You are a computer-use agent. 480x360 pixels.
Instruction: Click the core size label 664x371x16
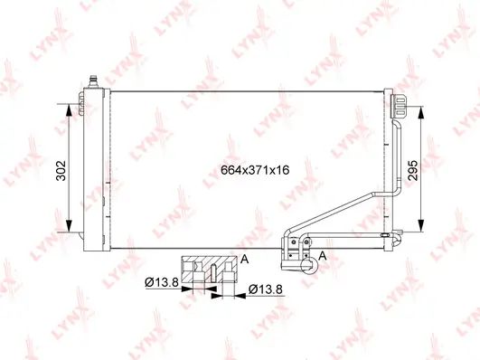coord(255,170)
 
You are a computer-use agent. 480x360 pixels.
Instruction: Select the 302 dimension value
coord(61,170)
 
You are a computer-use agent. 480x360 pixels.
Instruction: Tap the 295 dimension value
coord(413,170)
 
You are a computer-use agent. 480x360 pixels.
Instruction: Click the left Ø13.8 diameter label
coord(161,282)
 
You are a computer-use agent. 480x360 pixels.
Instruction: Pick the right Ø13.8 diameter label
coord(266,289)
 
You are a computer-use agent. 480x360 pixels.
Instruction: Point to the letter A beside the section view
coord(244,260)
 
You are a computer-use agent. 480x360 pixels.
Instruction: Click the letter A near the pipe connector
coord(323,256)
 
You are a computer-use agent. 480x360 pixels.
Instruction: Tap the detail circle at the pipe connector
coord(309,265)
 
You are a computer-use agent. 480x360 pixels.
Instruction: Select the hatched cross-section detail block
coord(209,270)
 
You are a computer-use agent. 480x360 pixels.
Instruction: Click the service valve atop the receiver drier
coord(93,81)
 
